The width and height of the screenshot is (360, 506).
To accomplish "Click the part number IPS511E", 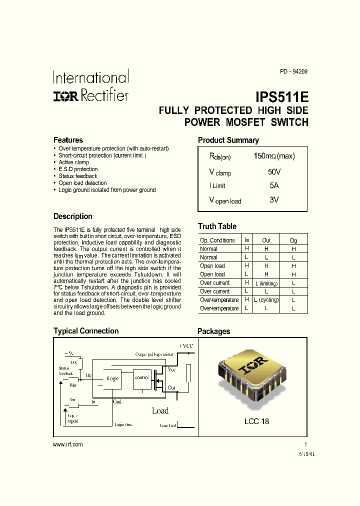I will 282,96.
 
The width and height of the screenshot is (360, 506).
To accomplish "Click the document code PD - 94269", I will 293,71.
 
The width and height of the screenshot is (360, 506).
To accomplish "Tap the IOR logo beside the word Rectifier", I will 65,96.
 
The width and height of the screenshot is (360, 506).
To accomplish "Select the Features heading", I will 68,140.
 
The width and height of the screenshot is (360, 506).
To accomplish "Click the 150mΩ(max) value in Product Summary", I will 274,156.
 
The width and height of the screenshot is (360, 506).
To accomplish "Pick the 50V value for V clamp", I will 274,171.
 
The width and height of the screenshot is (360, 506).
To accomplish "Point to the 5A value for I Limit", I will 274,185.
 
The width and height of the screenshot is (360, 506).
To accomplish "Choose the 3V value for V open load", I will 274,199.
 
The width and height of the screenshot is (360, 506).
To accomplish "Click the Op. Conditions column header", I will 217,240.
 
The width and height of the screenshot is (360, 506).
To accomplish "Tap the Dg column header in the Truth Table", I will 293,240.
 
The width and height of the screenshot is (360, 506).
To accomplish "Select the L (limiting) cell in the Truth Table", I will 266,283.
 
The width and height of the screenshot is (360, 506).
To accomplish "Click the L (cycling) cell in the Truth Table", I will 266,300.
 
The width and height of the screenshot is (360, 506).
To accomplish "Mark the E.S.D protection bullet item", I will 78,169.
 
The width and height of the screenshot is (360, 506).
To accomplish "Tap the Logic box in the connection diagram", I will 113,378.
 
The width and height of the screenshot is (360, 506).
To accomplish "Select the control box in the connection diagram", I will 142,377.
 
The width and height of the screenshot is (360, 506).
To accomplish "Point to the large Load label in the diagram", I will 160,410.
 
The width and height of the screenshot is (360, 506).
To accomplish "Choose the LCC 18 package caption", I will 256,421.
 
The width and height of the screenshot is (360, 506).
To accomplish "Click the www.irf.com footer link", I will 67,444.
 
